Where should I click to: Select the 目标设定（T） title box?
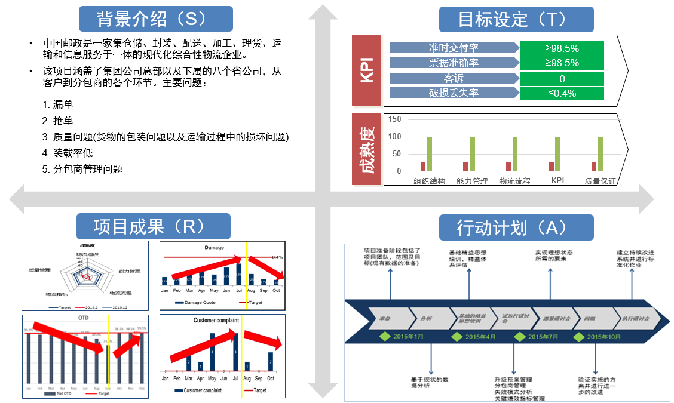point(516,19)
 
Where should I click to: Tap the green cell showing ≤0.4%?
point(562,93)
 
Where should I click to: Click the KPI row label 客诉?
point(454,78)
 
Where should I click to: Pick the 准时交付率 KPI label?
point(454,48)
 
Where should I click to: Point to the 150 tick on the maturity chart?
point(394,119)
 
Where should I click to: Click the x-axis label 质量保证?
point(600,181)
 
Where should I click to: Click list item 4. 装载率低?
point(68,153)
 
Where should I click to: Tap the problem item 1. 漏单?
point(59,104)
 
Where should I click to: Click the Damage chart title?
point(214,248)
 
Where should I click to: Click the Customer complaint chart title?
point(216,321)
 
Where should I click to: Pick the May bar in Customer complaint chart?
point(212,352)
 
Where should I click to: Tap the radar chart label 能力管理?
point(130,271)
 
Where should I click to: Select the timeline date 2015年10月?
point(606,337)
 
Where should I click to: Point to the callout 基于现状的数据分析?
point(430,382)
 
